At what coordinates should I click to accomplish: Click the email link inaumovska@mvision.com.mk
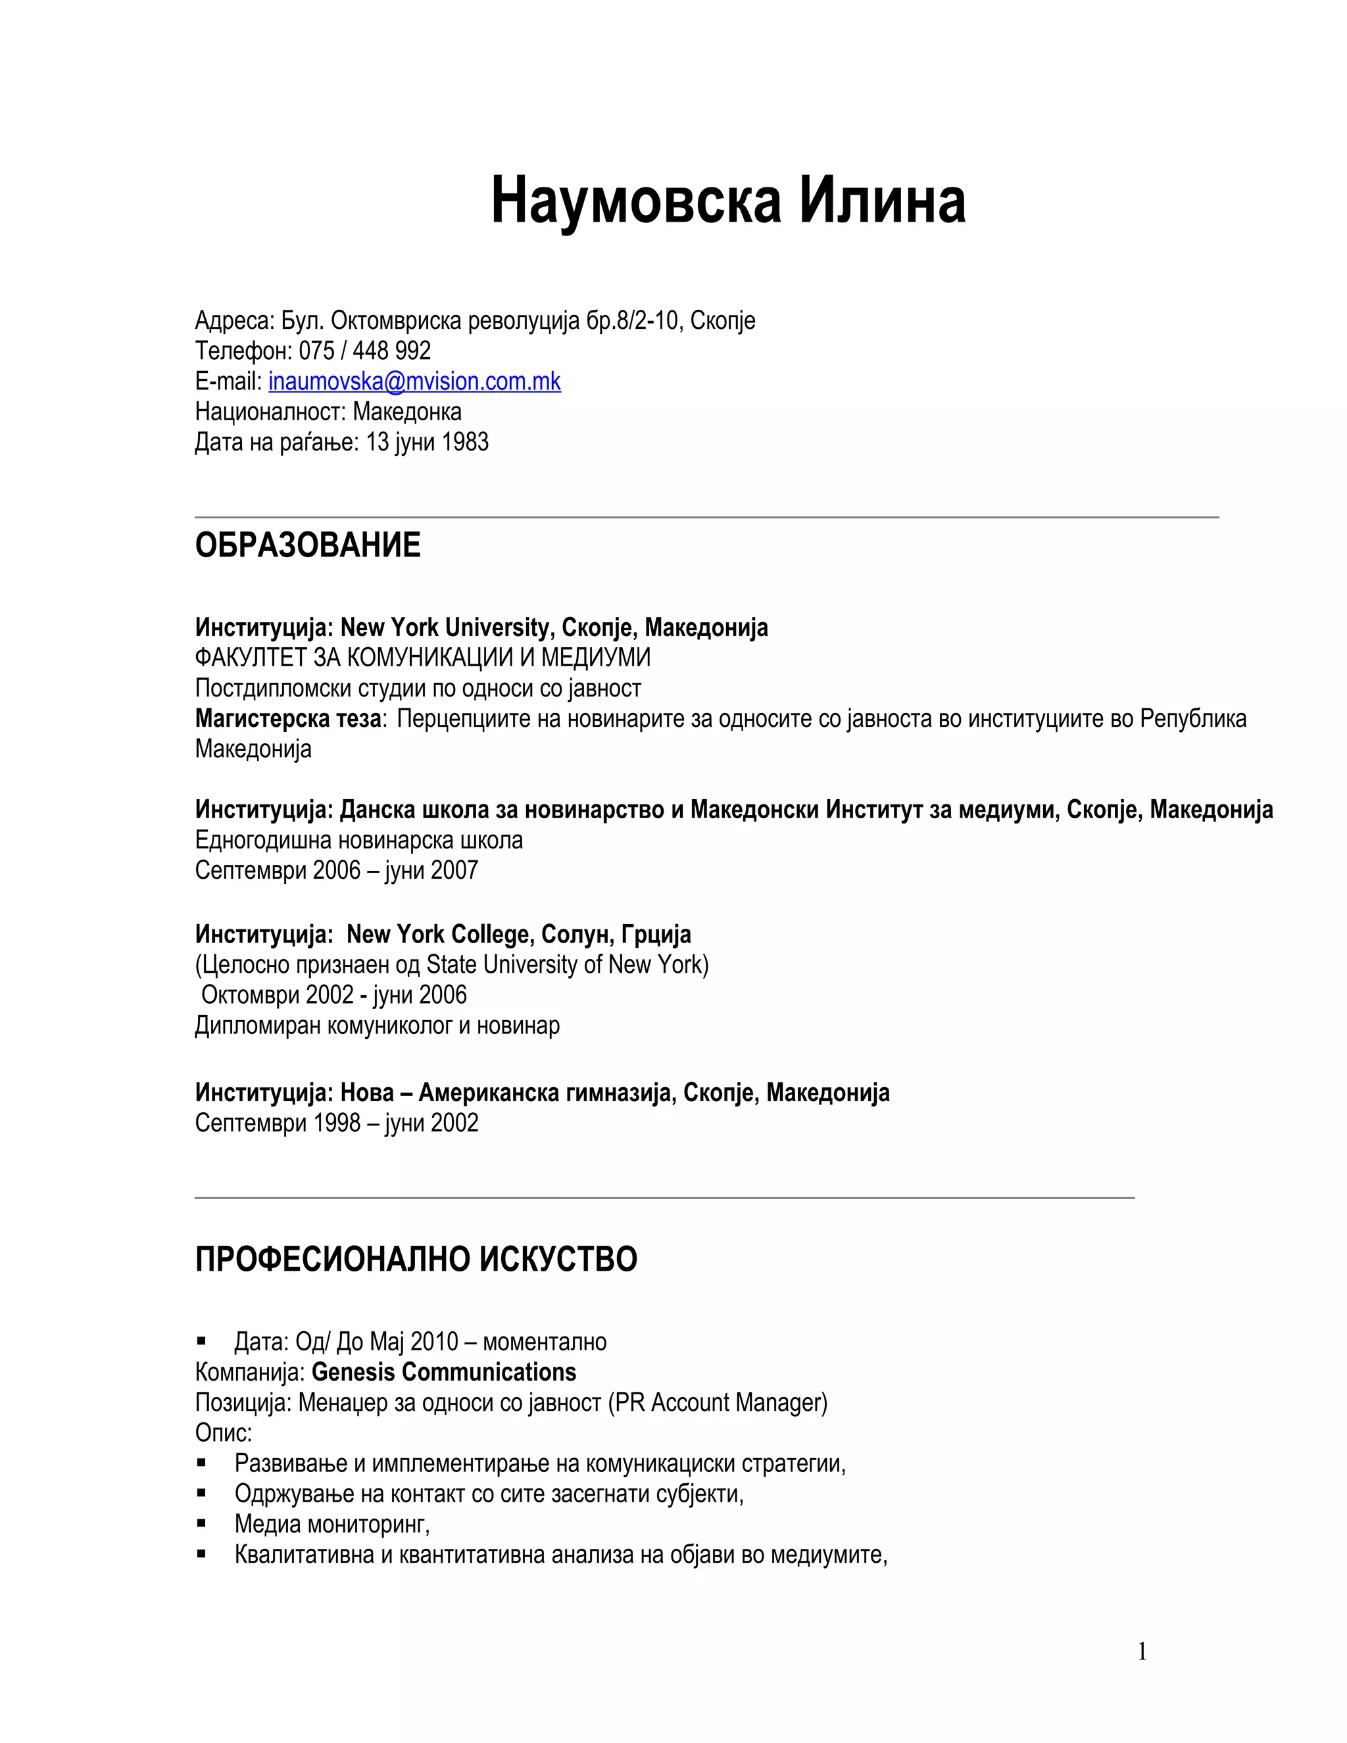click(414, 381)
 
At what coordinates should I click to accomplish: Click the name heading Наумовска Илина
click(728, 201)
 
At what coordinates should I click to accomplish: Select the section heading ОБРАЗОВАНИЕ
click(308, 545)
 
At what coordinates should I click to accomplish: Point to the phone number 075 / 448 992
click(364, 351)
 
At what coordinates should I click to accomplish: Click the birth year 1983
click(464, 442)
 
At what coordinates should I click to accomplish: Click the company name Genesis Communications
click(444, 1372)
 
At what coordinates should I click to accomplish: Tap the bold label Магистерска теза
click(288, 718)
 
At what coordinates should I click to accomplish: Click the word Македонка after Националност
click(407, 412)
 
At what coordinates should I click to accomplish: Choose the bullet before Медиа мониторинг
click(202, 1523)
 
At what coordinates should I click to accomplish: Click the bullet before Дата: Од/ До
click(202, 1342)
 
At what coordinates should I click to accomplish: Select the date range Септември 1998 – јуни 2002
click(337, 1123)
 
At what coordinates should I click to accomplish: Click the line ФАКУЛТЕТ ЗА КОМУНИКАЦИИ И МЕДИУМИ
click(423, 658)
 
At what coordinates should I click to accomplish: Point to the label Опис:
click(224, 1433)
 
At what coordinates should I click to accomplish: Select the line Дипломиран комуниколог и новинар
click(378, 1025)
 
